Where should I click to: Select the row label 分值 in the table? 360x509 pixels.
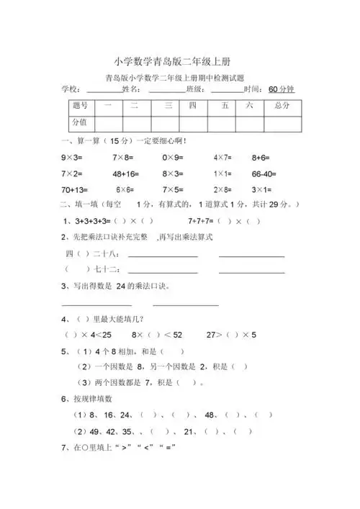click(80, 122)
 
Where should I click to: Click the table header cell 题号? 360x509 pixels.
click(80, 106)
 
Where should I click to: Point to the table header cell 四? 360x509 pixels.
click(192, 106)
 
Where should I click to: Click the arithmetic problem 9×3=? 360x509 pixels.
click(73, 156)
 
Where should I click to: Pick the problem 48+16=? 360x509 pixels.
click(127, 174)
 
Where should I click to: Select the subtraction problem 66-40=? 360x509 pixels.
click(264, 174)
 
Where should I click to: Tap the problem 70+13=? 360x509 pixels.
click(74, 190)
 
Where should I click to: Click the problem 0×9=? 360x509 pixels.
click(173, 156)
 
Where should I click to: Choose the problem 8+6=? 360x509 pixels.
click(261, 156)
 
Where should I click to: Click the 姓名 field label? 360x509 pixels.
click(131, 89)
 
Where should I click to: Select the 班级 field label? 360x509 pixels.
click(194, 89)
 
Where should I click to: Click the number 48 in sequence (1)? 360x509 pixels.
click(210, 415)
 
